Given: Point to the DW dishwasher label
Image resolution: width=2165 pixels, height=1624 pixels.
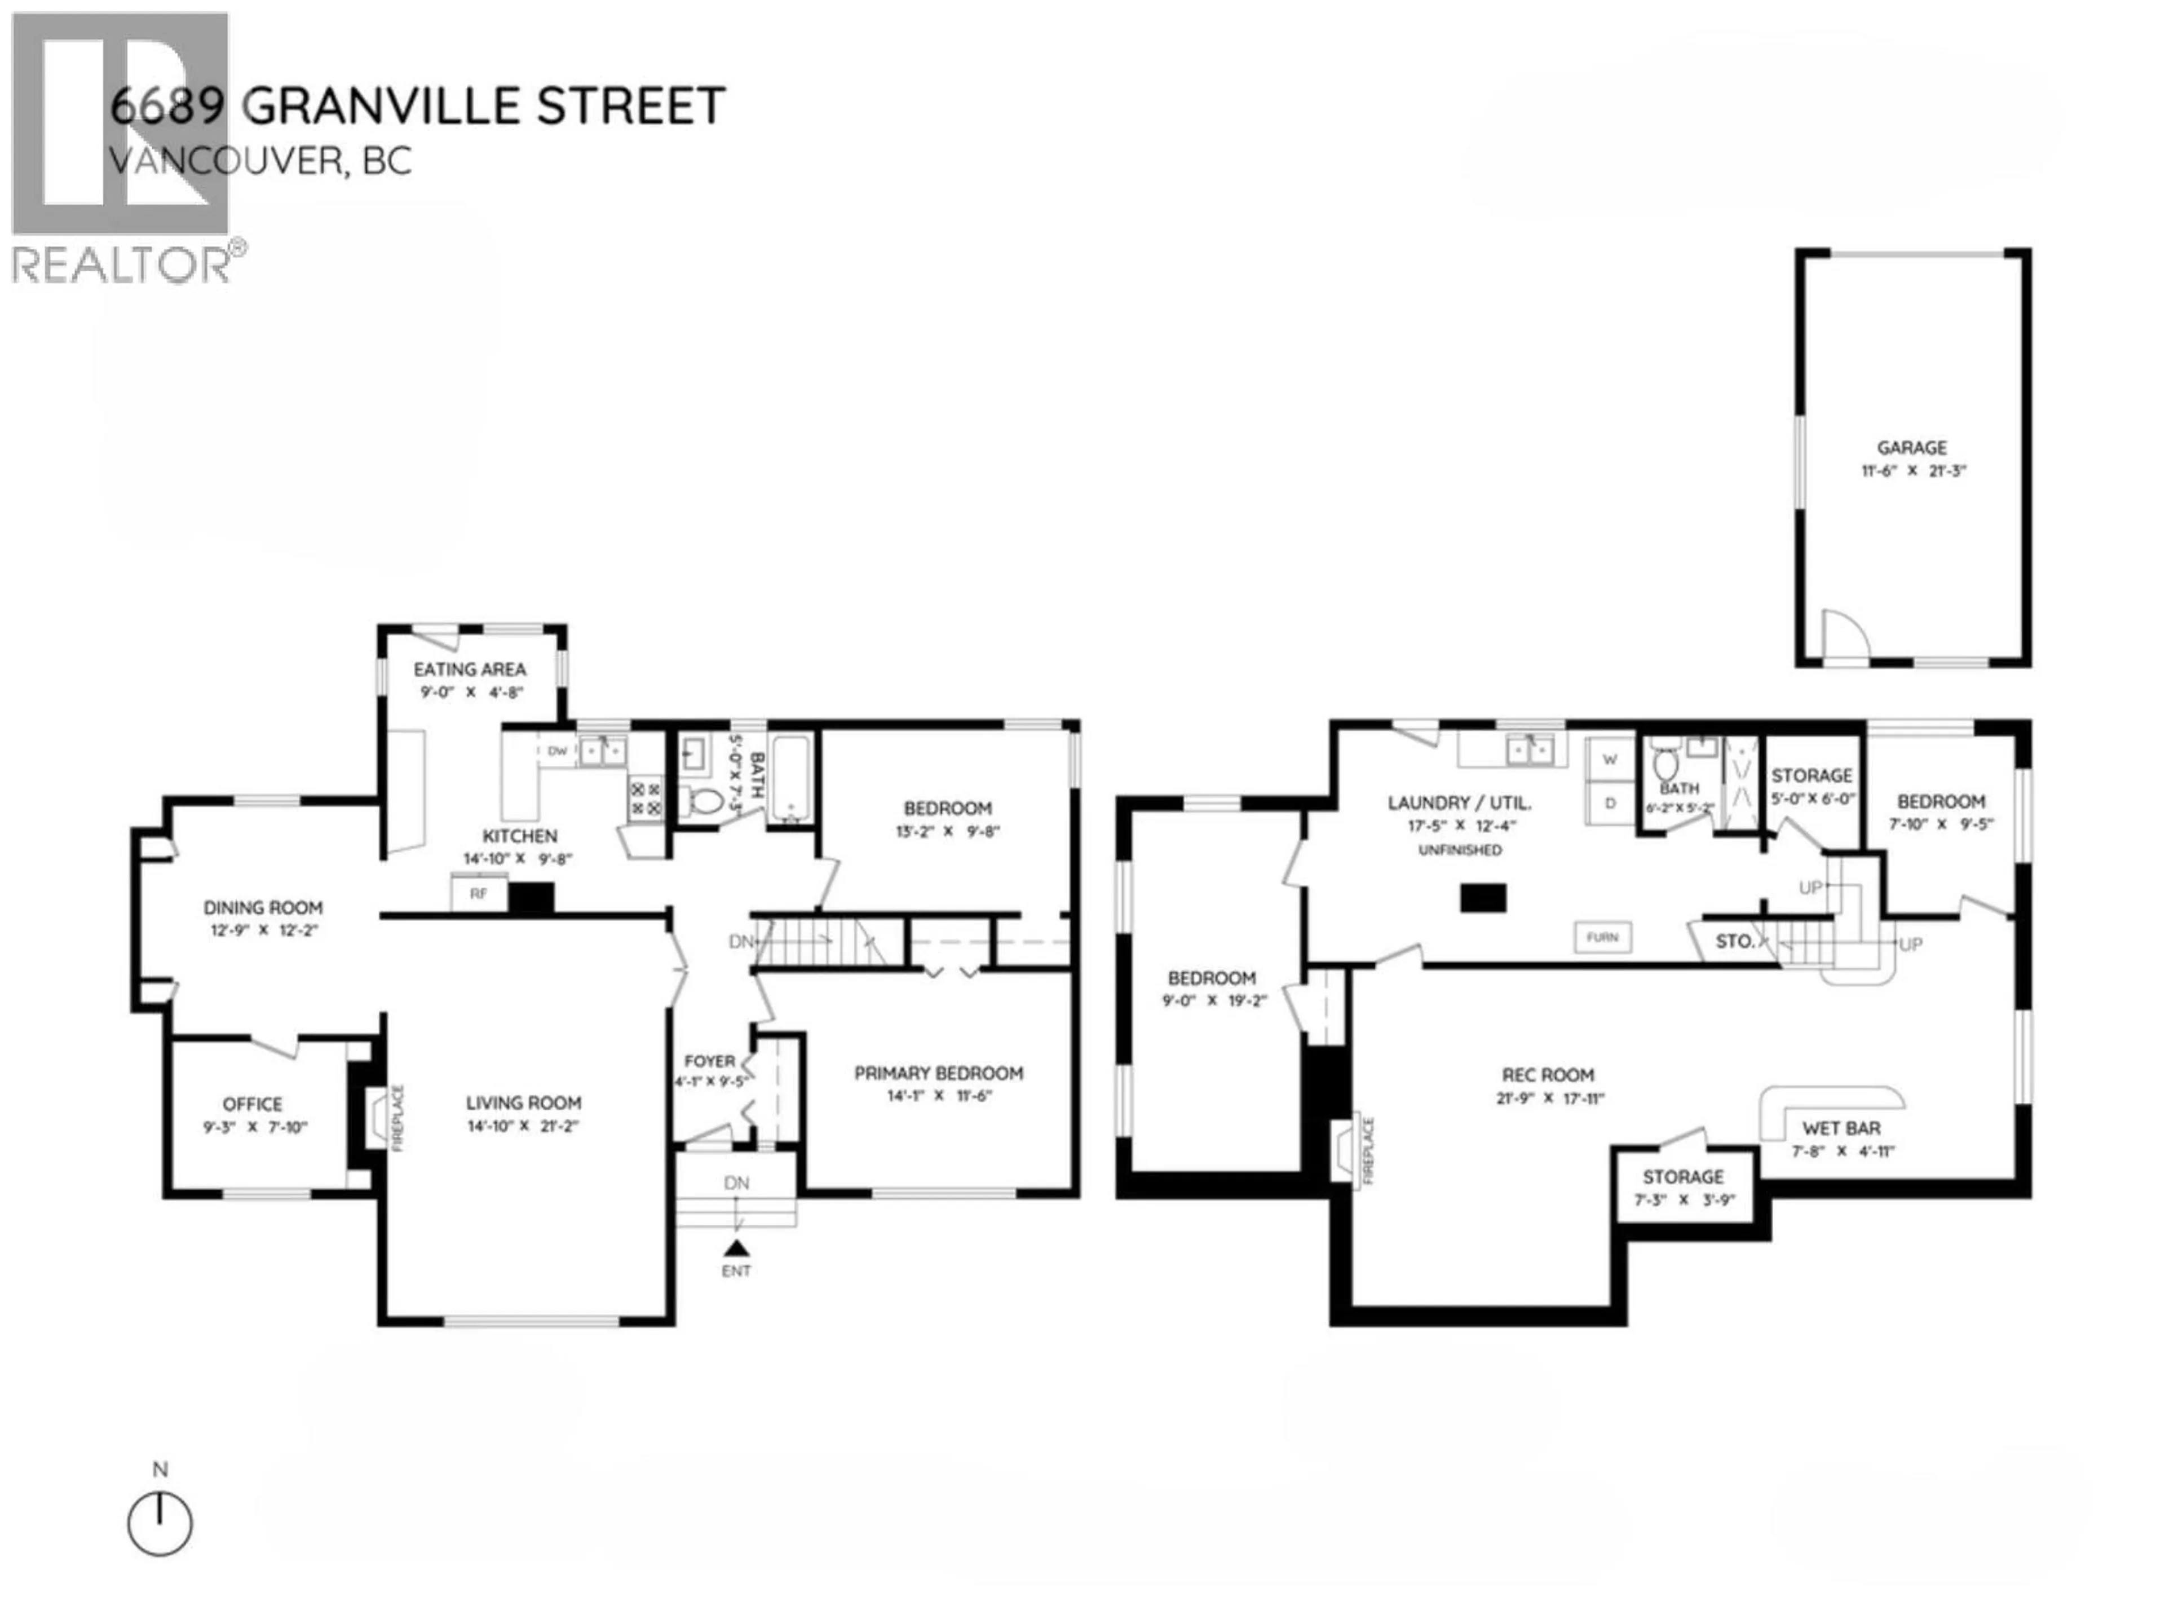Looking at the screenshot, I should point(557,752).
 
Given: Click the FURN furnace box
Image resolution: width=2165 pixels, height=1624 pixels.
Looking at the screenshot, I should point(1602,937).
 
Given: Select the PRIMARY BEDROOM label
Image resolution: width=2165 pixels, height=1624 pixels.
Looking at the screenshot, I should point(938,1073).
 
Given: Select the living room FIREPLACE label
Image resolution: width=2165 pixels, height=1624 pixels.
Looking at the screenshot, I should point(397,1117).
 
